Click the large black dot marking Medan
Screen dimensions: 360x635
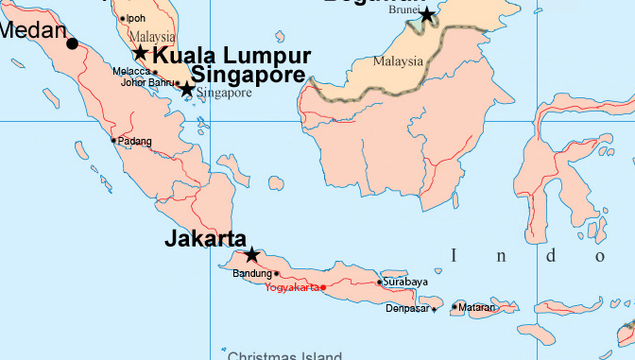[73, 43]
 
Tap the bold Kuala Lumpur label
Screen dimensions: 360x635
[232, 54]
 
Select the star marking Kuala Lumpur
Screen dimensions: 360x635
[141, 53]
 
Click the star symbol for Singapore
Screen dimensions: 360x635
[187, 90]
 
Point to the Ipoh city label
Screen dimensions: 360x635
[137, 18]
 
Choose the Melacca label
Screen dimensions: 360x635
[130, 71]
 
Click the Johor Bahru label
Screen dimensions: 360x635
[147, 82]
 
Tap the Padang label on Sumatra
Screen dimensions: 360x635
[134, 141]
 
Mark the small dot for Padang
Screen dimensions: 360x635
[113, 141]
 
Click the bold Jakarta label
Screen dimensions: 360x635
[205, 239]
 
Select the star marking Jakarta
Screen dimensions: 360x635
[251, 255]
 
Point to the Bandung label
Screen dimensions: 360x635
[251, 274]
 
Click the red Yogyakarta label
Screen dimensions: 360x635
[292, 287]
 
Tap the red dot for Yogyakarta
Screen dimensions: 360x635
[323, 287]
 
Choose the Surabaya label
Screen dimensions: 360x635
[406, 282]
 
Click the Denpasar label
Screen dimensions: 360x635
[408, 308]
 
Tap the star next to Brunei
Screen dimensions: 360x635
[427, 15]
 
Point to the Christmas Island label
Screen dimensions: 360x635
[284, 356]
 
